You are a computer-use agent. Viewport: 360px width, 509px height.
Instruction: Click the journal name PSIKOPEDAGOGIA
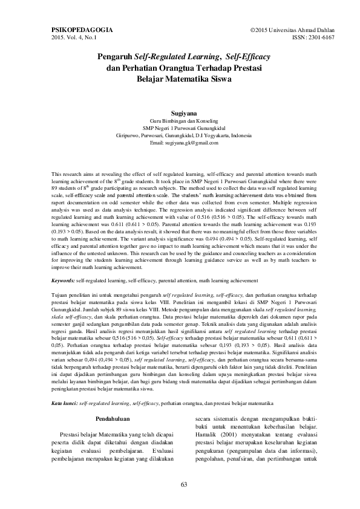click(x=78, y=29)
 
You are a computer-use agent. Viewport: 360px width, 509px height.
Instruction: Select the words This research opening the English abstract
click(x=68, y=173)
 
